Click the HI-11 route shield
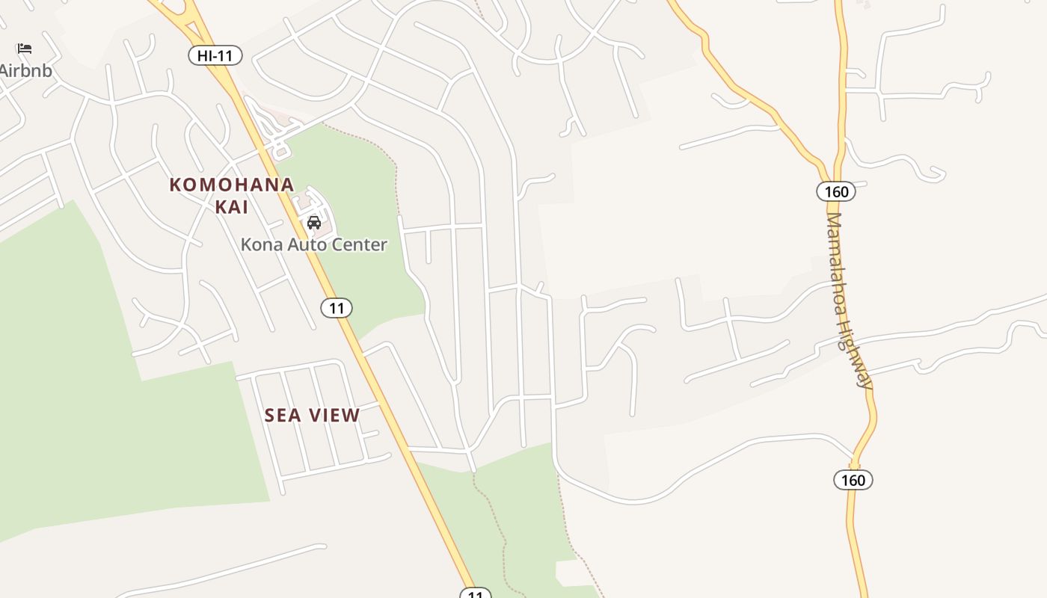click(x=215, y=55)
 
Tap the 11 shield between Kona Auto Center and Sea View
click(x=337, y=307)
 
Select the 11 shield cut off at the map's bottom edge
click(x=475, y=594)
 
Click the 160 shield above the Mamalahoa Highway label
click(x=835, y=191)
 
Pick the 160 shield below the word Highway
click(x=853, y=480)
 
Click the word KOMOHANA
click(x=231, y=185)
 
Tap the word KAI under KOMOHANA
click(x=232, y=207)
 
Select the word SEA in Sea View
click(x=283, y=416)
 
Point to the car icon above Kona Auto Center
click(x=314, y=223)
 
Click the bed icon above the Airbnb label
click(x=25, y=49)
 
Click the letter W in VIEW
click(x=351, y=416)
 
